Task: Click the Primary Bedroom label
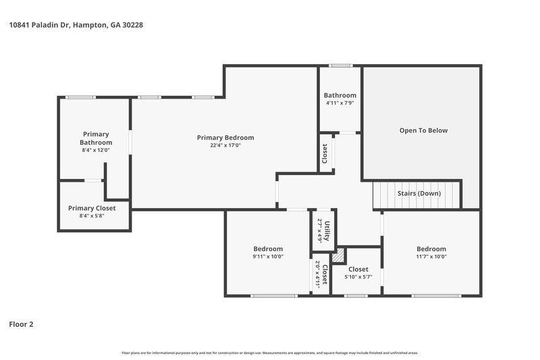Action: (x=225, y=138)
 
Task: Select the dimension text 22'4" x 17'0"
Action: (x=225, y=145)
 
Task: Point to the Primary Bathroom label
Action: (x=96, y=138)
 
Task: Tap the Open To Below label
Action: (x=423, y=130)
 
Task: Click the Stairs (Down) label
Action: (x=419, y=194)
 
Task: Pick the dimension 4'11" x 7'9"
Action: (x=340, y=103)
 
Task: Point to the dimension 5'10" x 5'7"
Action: (x=358, y=277)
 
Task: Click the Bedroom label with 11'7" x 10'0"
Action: (x=431, y=249)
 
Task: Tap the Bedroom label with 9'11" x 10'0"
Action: (x=268, y=249)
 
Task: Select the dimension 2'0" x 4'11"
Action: (x=317, y=275)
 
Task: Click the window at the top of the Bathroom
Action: (x=340, y=66)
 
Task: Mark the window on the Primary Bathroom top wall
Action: (x=80, y=97)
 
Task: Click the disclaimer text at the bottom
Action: (x=270, y=353)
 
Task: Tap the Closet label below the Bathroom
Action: (x=325, y=153)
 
